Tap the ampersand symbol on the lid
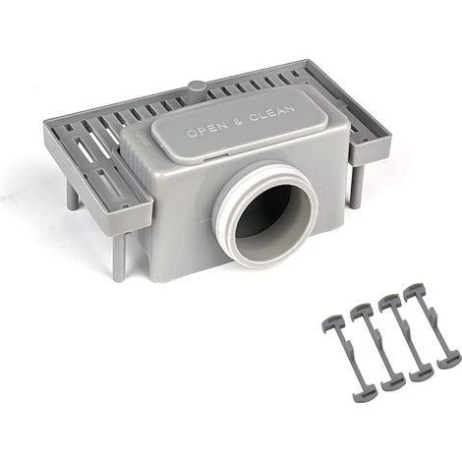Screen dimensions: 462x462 tap(240, 121)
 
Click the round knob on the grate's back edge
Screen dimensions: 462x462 tap(198, 87)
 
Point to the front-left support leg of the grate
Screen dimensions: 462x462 tap(119, 257)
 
